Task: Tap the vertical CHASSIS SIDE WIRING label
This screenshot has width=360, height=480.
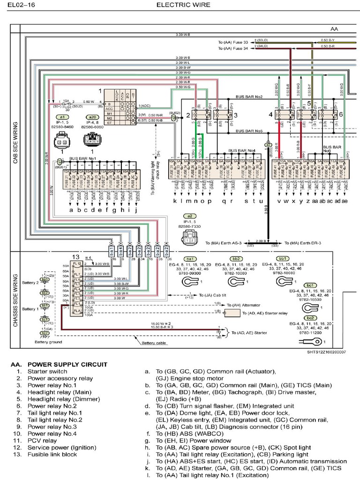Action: pyautogui.click(x=15, y=300)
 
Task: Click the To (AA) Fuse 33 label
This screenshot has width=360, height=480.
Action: pyautogui.click(x=233, y=42)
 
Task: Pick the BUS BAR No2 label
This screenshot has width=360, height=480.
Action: pyautogui.click(x=249, y=97)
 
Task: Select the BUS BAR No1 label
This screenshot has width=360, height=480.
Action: pyautogui.click(x=82, y=159)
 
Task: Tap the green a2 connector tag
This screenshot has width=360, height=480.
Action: pyautogui.click(x=187, y=217)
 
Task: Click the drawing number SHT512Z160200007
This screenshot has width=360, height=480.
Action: pyautogui.click(x=326, y=352)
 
